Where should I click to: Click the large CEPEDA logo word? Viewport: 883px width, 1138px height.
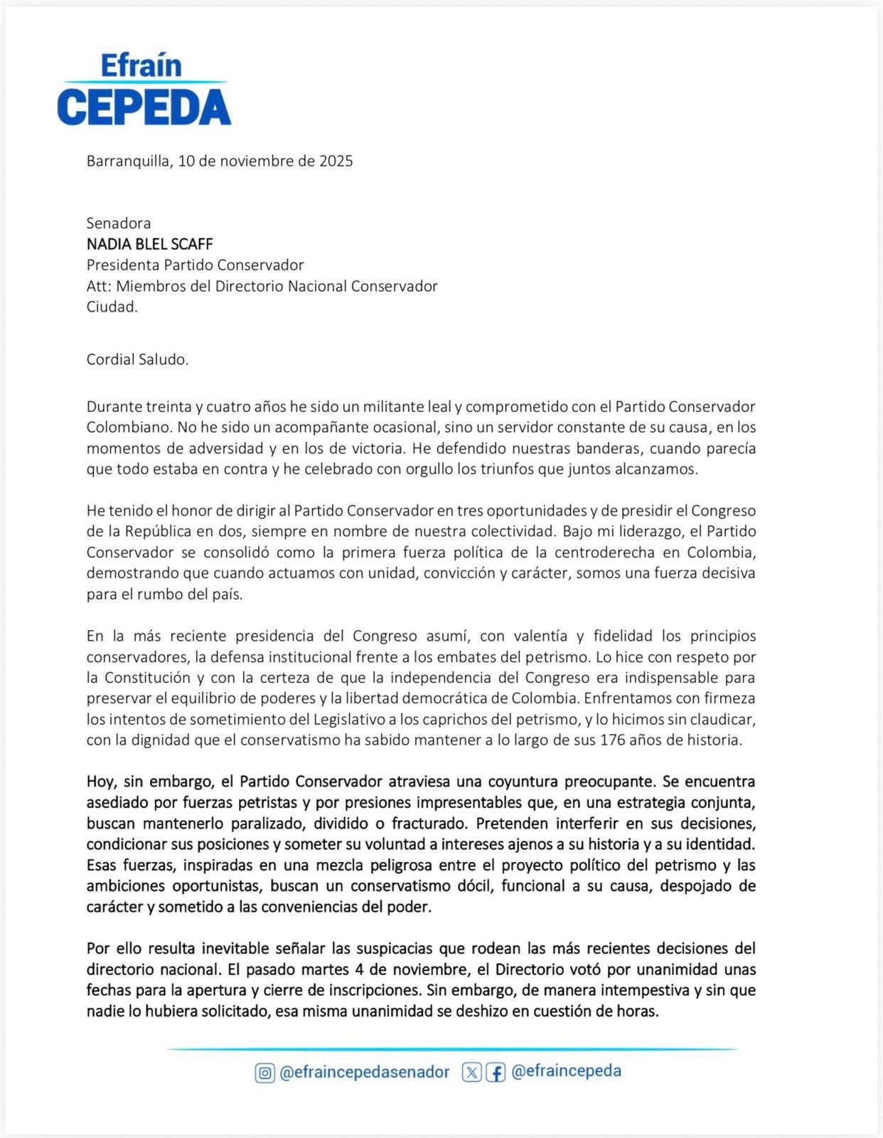[144, 107]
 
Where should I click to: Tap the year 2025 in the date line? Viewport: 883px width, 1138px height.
[336, 161]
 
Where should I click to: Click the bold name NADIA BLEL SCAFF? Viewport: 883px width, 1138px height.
[150, 244]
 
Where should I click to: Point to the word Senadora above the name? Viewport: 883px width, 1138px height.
[119, 223]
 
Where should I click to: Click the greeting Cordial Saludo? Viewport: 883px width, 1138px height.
[137, 359]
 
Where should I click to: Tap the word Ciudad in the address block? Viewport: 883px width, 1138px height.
[112, 307]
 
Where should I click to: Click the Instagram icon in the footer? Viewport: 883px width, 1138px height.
[264, 1073]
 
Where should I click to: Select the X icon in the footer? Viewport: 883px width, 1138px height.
[471, 1073]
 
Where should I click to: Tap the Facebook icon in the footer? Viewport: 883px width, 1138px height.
[496, 1073]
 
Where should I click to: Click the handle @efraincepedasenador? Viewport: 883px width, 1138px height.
[365, 1072]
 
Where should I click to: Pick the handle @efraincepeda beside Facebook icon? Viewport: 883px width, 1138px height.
[566, 1071]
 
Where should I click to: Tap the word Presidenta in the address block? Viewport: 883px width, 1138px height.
[123, 265]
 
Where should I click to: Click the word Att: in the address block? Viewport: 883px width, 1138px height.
[99, 286]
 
